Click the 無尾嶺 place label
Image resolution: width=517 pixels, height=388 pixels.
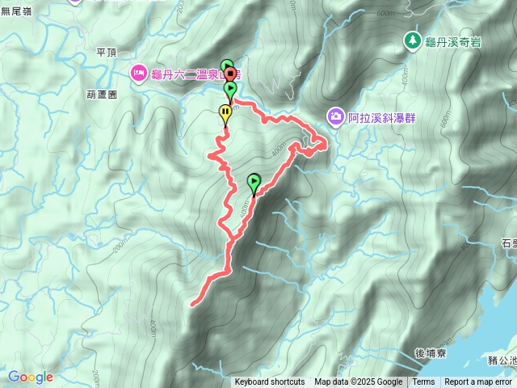(15, 11)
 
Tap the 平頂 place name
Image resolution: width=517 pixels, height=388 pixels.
(107, 52)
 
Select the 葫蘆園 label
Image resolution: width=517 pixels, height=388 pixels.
(102, 94)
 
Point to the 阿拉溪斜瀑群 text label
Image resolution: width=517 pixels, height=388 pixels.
(380, 118)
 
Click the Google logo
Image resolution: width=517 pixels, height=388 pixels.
(30, 377)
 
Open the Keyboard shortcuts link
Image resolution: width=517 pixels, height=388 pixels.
(269, 382)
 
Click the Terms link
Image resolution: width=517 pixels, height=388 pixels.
(423, 382)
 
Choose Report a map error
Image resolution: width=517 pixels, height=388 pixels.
(478, 382)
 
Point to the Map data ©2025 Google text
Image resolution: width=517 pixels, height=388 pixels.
(358, 382)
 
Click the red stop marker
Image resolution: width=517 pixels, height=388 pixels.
(230, 75)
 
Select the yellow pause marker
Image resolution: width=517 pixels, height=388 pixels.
(225, 114)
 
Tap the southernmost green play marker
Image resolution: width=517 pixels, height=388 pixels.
(254, 182)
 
